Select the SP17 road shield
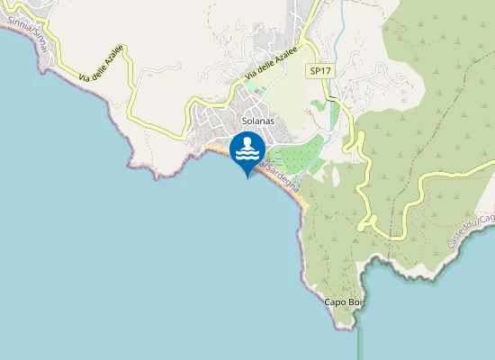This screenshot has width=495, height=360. tap(319, 70)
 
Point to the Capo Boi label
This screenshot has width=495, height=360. tap(342, 301)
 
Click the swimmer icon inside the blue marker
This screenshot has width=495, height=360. tap(247, 147)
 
